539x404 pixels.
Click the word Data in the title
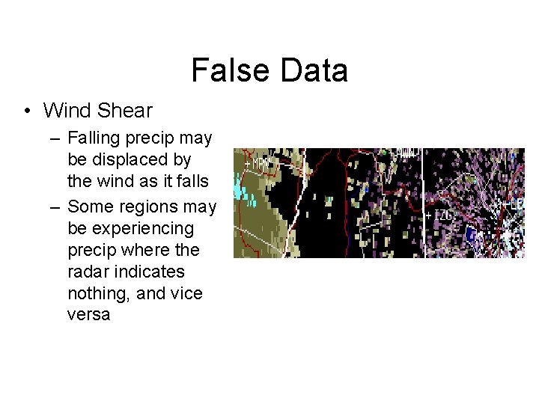[x=314, y=71]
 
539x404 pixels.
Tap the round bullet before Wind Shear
[x=27, y=111]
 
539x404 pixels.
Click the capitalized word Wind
[x=67, y=111]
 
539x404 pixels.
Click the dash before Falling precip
[x=56, y=138]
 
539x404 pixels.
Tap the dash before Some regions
[x=56, y=206]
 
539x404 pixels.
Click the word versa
[x=88, y=315]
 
